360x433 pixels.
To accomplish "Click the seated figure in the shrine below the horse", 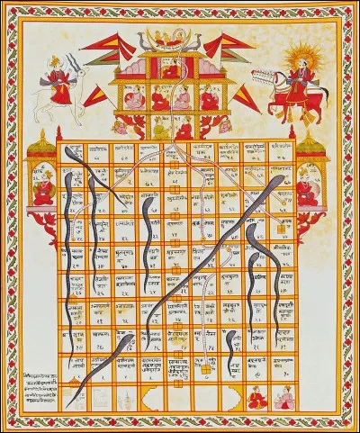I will click(309, 189).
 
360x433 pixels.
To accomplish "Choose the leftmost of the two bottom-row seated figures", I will click(256, 395).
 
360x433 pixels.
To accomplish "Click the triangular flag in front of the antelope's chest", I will click(95, 95).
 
